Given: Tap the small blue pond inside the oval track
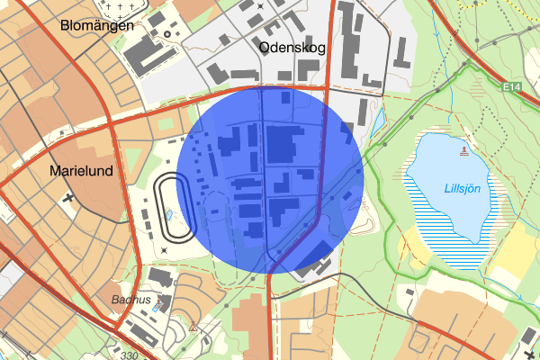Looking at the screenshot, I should click(168, 217).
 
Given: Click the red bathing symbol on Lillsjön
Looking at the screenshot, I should click(464, 151).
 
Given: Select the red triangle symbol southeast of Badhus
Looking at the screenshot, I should click(193, 328).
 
